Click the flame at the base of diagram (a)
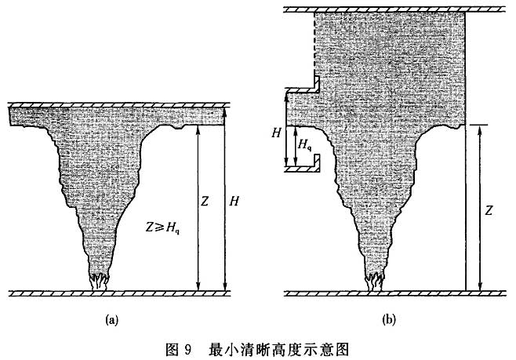click(100, 280)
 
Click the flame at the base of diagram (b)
click(375, 280)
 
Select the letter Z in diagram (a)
click(204, 202)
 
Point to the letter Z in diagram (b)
click(489, 211)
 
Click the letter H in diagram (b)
click(276, 133)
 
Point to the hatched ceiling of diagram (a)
click(118, 104)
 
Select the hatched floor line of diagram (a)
click(118, 294)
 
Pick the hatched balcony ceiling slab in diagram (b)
click(299, 89)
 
